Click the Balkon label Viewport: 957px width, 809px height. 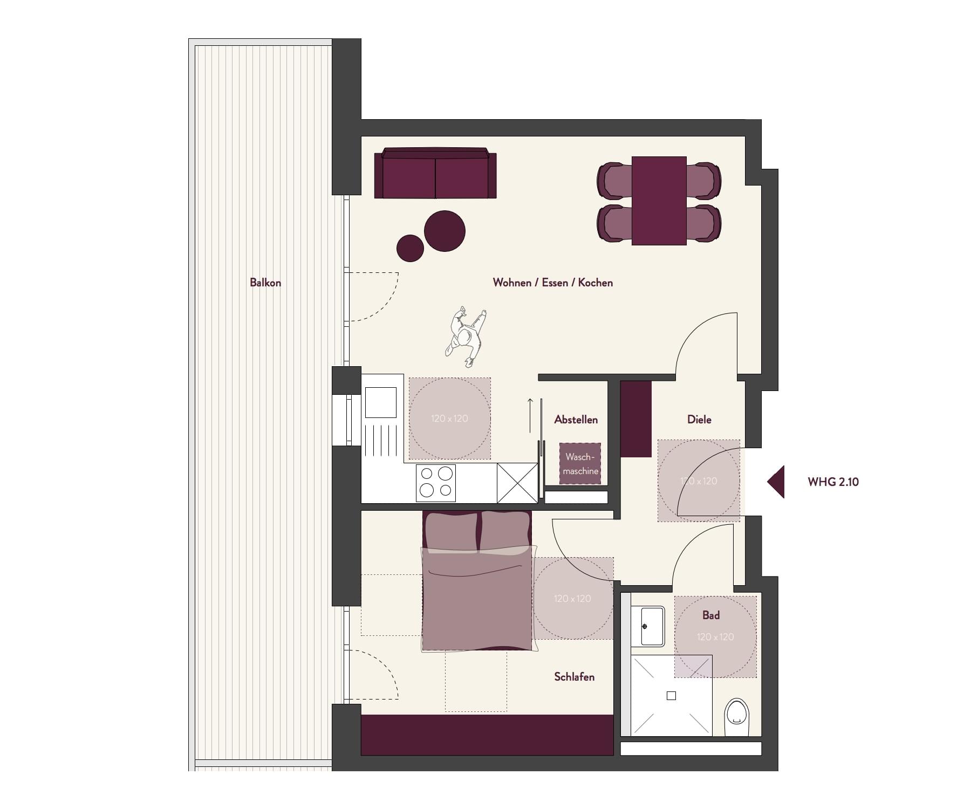click(265, 283)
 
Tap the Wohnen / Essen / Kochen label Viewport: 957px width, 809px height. click(553, 283)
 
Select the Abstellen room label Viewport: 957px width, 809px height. click(576, 420)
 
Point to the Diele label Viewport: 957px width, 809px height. click(699, 419)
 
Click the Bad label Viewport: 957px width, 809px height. click(711, 615)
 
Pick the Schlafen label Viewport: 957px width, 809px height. click(575, 677)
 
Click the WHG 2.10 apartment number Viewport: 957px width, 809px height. click(833, 482)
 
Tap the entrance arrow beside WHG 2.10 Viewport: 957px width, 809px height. click(776, 482)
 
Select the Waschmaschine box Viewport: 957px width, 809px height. click(580, 463)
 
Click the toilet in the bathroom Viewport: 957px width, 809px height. click(737, 717)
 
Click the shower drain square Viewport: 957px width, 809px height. click(671, 696)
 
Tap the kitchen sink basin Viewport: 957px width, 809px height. click(380, 402)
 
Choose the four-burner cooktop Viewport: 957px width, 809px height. click(436, 483)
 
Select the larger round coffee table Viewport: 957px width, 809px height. click(445, 231)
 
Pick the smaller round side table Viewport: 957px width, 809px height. click(410, 248)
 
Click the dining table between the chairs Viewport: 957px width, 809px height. click(659, 201)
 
